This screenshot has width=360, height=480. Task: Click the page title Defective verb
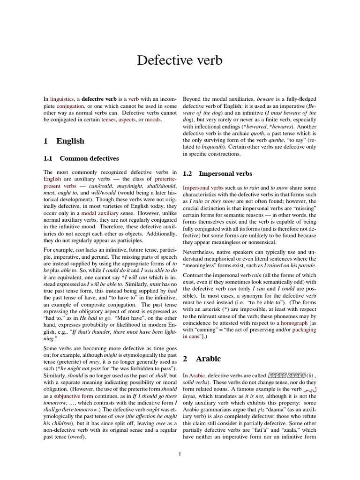click(x=180, y=60)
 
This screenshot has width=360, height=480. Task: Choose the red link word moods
click(x=153, y=120)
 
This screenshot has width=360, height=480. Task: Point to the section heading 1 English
click(x=64, y=141)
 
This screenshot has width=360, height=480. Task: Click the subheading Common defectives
click(x=89, y=158)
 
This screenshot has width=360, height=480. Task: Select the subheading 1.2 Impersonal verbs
click(x=217, y=173)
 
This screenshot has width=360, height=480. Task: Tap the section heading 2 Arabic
click(x=202, y=359)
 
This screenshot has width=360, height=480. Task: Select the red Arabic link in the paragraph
click(x=197, y=375)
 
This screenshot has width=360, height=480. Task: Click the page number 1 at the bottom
click(x=180, y=453)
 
